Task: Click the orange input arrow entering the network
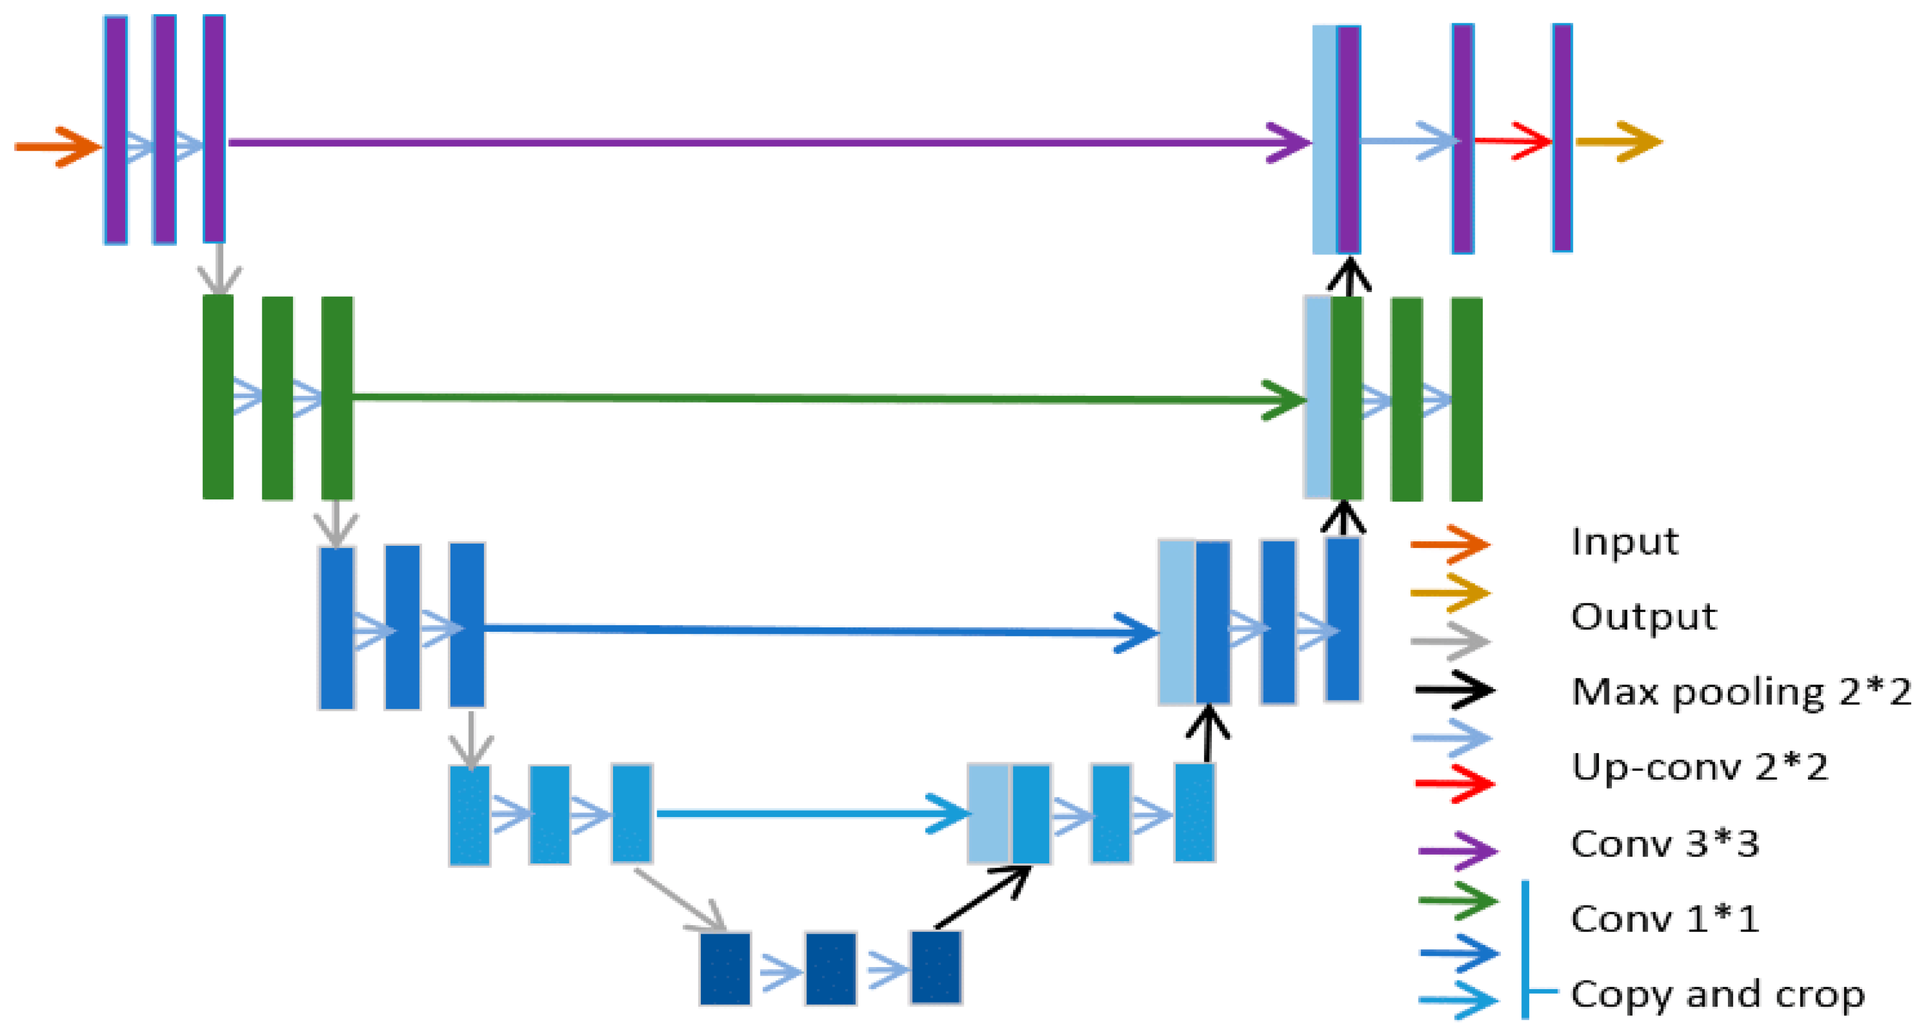(57, 147)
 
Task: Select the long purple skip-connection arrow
(748, 142)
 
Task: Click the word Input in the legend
(1624, 542)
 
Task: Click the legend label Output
(1643, 617)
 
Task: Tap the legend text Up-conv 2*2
(1699, 767)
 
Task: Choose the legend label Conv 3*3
(1665, 844)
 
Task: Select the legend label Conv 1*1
(1665, 919)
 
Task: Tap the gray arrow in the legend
(1450, 641)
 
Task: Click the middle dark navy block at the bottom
(830, 968)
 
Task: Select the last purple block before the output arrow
(1561, 138)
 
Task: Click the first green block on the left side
(218, 396)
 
